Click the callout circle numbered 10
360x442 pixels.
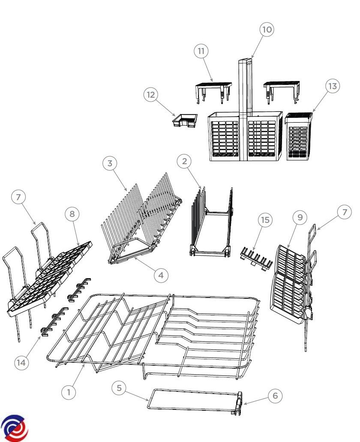[x=267, y=29]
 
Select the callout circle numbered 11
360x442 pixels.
[x=201, y=51]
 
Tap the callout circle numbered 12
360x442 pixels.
[x=151, y=95]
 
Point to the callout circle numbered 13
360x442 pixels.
[x=333, y=86]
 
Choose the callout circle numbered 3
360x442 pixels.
[x=110, y=163]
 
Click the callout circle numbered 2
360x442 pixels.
[x=184, y=161]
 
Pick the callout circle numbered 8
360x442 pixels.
[x=72, y=214]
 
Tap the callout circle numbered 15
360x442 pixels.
[x=265, y=220]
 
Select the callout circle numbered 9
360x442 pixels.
[x=300, y=217]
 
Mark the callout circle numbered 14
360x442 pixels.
[x=21, y=363]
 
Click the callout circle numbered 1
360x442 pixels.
[x=69, y=392]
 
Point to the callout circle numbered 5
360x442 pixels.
[x=119, y=388]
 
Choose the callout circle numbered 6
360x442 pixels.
[x=275, y=396]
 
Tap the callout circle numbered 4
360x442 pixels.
[x=161, y=275]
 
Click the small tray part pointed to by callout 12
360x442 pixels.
[x=185, y=120]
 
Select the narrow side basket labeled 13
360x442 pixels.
[x=299, y=136]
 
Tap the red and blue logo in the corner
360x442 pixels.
[x=14, y=428]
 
